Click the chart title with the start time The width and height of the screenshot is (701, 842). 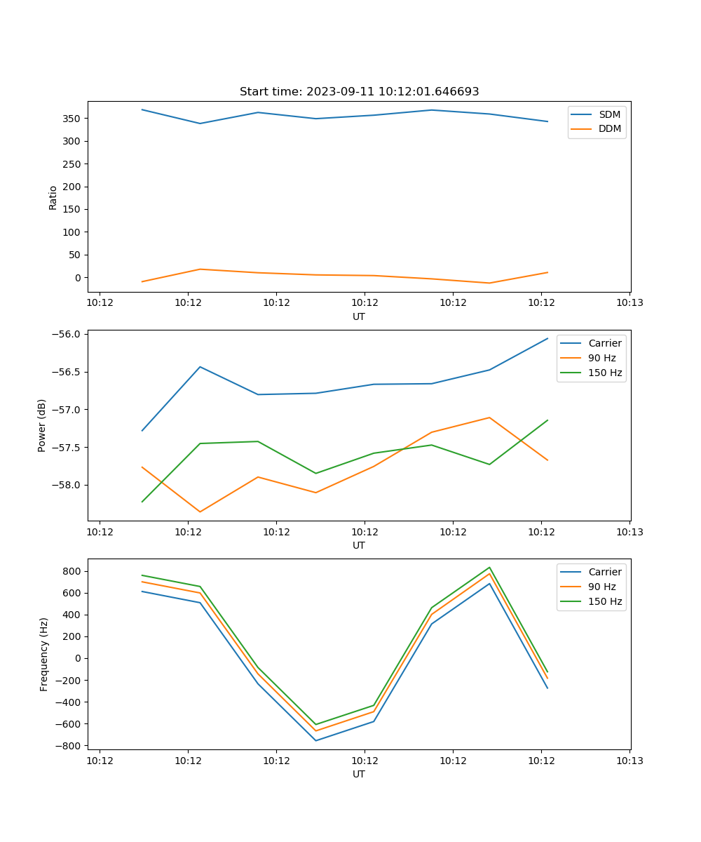(x=359, y=92)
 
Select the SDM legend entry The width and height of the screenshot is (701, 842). (x=609, y=114)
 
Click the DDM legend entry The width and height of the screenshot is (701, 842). (x=609, y=128)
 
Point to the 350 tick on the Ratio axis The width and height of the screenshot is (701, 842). (x=73, y=119)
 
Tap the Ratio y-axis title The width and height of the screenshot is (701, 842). (x=53, y=197)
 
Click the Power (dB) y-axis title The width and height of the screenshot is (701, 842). (x=42, y=425)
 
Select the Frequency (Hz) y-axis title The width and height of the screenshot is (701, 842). (x=44, y=654)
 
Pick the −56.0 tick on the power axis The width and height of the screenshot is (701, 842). (x=68, y=334)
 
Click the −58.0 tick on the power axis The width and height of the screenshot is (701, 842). (x=68, y=485)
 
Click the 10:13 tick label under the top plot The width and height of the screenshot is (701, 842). (x=629, y=303)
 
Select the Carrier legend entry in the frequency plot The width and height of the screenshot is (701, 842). (x=604, y=572)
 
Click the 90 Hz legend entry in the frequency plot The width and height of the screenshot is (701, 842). (x=601, y=587)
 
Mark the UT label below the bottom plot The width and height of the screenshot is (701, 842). (x=359, y=774)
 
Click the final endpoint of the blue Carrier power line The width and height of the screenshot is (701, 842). (x=547, y=338)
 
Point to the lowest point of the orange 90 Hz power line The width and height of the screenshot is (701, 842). (x=200, y=512)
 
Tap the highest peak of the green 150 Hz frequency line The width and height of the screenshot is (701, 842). (x=489, y=568)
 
